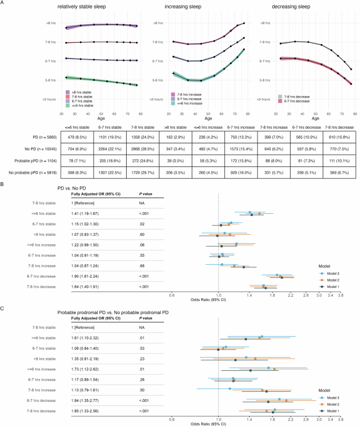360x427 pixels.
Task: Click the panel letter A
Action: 3,4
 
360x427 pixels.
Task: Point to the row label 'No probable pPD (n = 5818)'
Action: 32,167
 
